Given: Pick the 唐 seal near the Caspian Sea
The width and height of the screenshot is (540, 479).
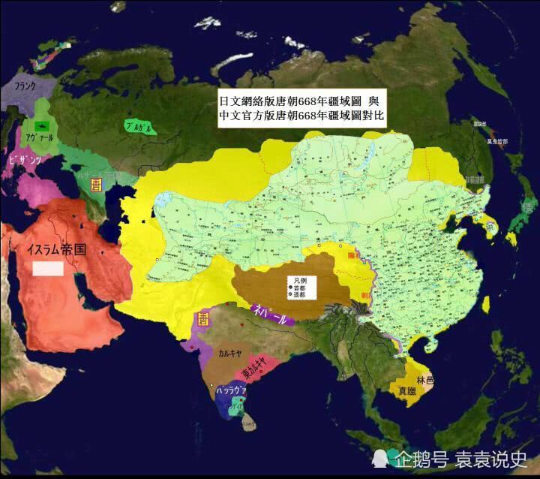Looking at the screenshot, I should (x=96, y=184).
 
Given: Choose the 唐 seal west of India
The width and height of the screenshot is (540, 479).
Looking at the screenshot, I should (x=201, y=319).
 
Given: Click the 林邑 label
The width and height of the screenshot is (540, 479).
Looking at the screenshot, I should (x=425, y=381).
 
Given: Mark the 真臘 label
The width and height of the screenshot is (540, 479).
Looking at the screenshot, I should (x=408, y=390).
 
